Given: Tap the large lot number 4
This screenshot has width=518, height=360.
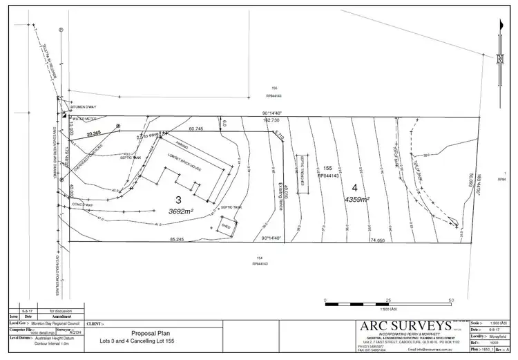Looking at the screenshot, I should [x=356, y=187].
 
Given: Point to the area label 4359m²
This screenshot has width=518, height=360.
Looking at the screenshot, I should [x=357, y=199].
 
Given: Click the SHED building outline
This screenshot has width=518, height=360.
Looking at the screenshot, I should [x=227, y=226].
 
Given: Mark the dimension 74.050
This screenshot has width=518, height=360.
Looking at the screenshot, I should [x=376, y=240].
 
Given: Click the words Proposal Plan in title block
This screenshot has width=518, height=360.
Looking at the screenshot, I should [x=151, y=332].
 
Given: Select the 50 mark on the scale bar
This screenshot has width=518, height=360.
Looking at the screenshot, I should [x=450, y=300].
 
